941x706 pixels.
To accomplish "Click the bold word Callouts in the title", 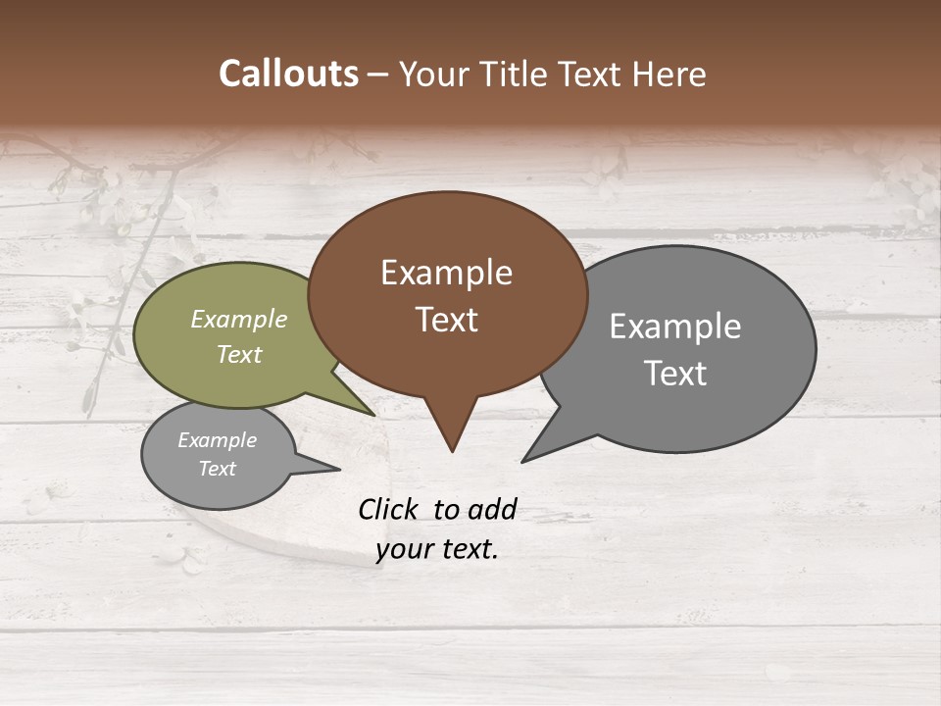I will click(288, 74).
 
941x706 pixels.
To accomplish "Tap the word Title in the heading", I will click(517, 74).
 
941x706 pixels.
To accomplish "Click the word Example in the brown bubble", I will click(446, 273).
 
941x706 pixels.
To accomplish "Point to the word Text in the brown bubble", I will click(446, 320).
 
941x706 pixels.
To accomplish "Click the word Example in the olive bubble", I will click(239, 320).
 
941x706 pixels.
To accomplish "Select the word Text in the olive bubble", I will click(239, 354).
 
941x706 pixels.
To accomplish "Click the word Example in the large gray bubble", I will click(675, 327).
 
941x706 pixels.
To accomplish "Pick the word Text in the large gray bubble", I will click(675, 374).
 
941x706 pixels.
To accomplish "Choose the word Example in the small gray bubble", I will click(217, 440).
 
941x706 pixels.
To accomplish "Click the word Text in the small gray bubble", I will click(217, 469).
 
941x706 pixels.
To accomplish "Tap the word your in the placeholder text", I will click(403, 549).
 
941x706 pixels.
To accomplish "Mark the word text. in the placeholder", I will click(468, 549).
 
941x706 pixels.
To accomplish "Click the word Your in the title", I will click(430, 74).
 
